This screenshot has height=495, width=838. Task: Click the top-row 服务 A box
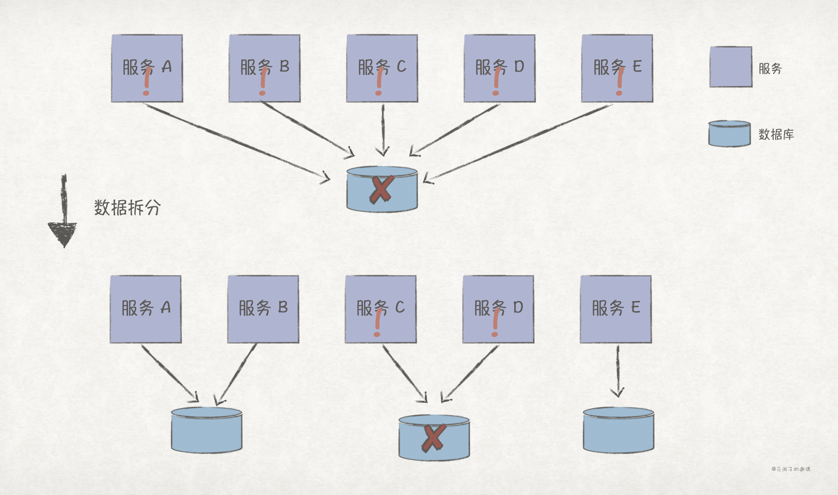point(147,68)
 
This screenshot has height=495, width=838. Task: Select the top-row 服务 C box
point(382,68)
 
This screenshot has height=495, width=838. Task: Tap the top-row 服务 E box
point(617,68)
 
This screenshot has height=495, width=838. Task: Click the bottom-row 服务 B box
point(263,309)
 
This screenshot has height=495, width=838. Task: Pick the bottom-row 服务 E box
point(616,309)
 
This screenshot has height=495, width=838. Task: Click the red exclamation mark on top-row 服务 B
point(263,81)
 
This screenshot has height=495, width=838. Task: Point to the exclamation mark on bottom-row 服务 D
point(496,323)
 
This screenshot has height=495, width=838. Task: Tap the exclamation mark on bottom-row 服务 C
point(378,323)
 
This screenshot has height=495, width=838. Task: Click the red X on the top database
point(381,189)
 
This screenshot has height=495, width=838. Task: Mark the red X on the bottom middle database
point(433,438)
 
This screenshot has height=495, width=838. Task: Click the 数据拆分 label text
point(127,208)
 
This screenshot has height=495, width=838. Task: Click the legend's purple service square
point(731,67)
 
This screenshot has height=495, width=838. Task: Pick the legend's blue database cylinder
point(730,134)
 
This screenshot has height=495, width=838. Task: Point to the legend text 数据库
point(776,135)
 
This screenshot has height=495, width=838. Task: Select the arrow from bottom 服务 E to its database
point(617,370)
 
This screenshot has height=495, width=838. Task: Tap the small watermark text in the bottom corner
point(791,469)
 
